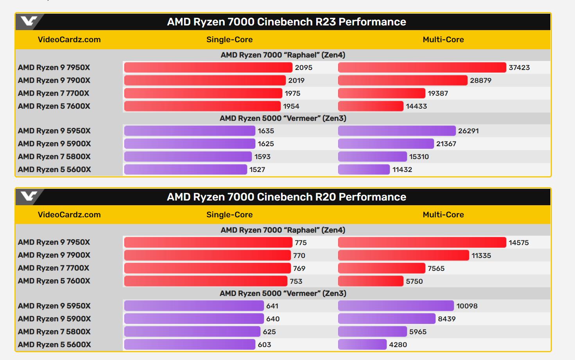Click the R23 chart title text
pos(286,22)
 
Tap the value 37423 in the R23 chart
pos(519,68)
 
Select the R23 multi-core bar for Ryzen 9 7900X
pos(403,81)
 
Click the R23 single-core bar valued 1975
pos(203,93)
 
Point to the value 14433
pos(416,106)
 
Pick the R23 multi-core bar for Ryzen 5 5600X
pos(364,170)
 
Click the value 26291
pos(468,131)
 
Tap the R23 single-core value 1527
pos(257,170)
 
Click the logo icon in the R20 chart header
pos(29,196)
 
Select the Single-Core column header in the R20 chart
pos(229,215)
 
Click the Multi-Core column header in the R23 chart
pos(443,39)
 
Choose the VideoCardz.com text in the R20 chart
pos(69,215)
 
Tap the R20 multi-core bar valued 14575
pos(422,243)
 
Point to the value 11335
pos(481,256)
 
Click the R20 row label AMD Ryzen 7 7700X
pos(54,268)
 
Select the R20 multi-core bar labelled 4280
pos(362,345)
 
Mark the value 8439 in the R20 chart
pos(447,319)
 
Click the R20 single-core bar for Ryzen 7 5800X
pos(192,332)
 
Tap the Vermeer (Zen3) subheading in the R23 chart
pos(283,118)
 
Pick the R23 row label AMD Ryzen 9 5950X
pos(54,131)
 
